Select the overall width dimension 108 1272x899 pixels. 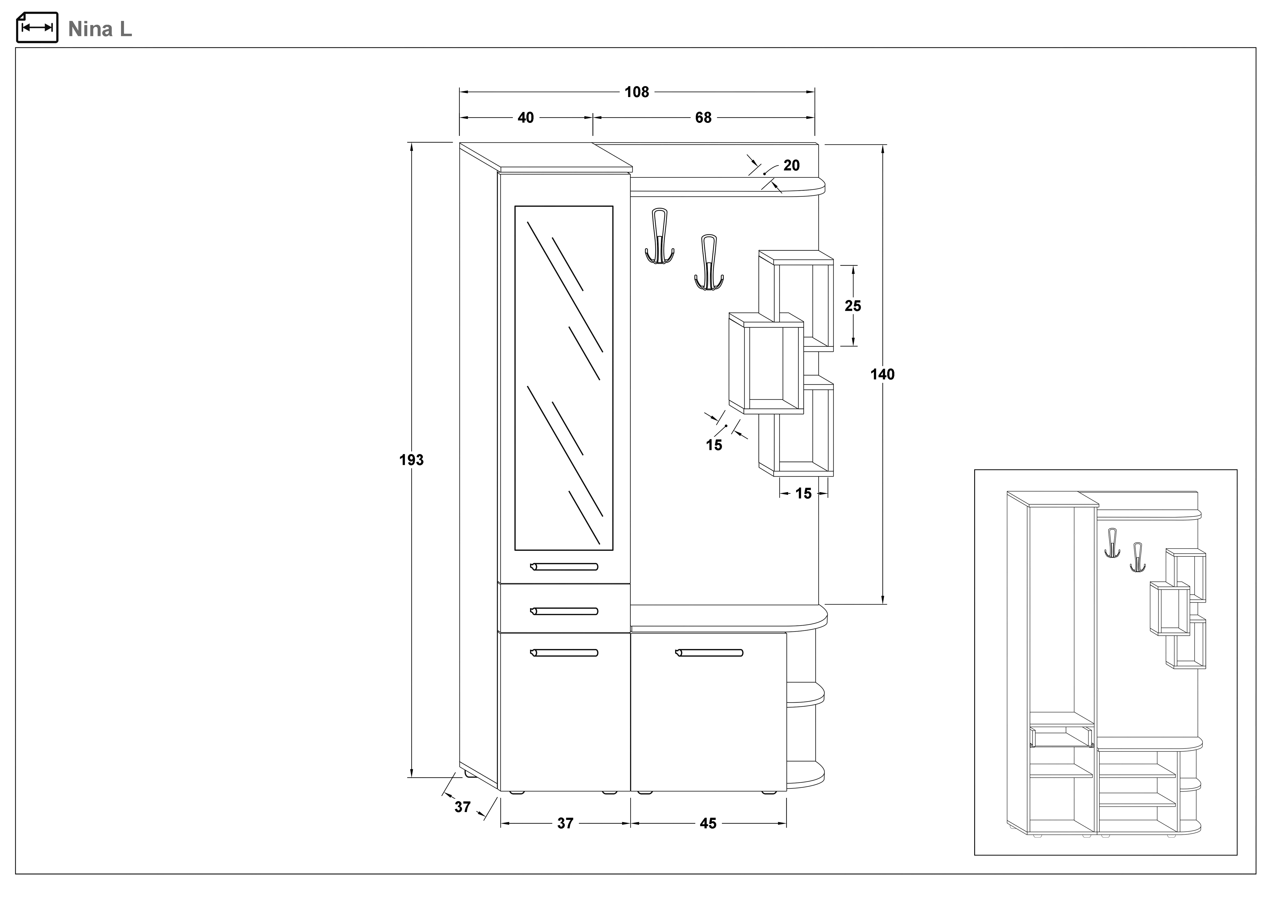click(637, 92)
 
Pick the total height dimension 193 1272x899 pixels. click(411, 460)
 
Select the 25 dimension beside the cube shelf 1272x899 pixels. click(853, 306)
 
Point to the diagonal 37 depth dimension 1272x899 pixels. click(463, 807)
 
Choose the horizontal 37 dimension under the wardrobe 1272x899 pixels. click(565, 824)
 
